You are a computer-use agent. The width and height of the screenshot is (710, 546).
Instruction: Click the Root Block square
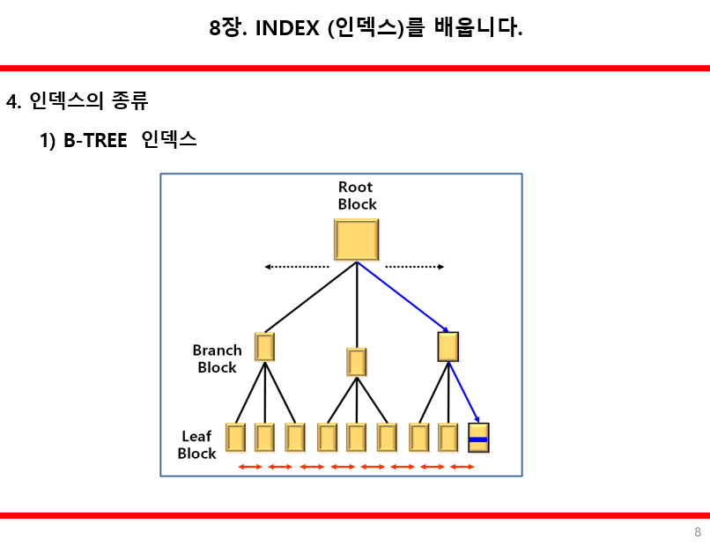(x=356, y=240)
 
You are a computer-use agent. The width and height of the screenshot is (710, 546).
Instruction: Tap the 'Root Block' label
(x=357, y=196)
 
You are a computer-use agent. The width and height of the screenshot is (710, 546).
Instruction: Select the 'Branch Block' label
(x=217, y=358)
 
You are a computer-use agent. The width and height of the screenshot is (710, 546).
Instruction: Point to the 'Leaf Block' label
(x=196, y=445)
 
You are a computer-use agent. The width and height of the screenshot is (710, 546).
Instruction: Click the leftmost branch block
(x=264, y=346)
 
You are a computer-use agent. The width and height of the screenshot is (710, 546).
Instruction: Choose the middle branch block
(x=357, y=362)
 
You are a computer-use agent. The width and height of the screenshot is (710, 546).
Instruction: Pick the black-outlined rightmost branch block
(x=448, y=346)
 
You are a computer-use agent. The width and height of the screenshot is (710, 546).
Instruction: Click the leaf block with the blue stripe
(x=478, y=438)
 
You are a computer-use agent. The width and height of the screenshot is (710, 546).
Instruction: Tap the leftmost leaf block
(x=235, y=438)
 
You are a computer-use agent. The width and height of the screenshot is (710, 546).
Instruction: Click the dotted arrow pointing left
(x=296, y=267)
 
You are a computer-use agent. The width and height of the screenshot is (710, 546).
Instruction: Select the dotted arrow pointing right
(x=415, y=267)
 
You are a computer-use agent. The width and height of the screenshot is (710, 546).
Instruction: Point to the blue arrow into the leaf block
(x=464, y=394)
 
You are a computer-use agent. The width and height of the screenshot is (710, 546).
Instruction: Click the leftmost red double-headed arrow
(x=250, y=466)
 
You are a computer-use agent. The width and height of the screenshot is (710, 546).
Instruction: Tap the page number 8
(x=698, y=532)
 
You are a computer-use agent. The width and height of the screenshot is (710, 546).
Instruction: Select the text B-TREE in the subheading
(x=95, y=140)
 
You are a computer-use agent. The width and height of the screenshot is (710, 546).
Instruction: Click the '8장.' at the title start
(x=228, y=28)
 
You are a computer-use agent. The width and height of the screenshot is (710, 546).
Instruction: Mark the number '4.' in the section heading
(x=13, y=101)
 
